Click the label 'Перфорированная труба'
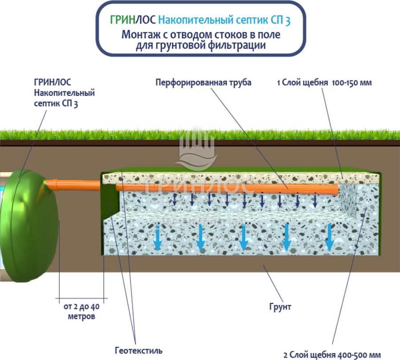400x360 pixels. pos(203,83)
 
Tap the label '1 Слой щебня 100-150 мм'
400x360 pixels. pos(324,83)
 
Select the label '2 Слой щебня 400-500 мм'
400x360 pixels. pos(332,355)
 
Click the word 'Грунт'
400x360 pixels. pos(280,307)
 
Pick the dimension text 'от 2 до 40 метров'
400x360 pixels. pos(81,311)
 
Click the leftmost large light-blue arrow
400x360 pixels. pos(158,238)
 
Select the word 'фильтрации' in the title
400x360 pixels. pos(239,45)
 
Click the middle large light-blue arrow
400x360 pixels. pos(243,238)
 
